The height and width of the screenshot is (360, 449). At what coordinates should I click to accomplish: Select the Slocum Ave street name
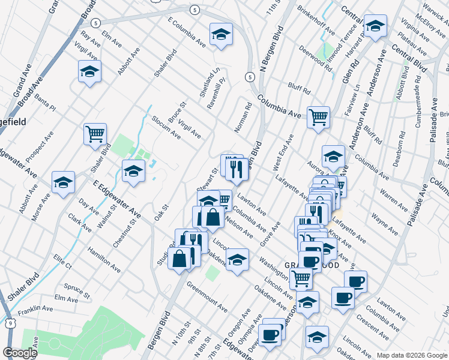pos(166,127)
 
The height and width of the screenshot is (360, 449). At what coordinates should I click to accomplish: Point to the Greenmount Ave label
pos(206,298)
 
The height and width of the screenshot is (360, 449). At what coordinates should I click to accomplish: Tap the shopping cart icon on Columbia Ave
pos(318,116)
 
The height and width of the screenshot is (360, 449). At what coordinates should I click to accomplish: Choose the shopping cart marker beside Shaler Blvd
pos(95,133)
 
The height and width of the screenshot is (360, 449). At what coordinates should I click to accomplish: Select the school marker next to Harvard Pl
pos(375,26)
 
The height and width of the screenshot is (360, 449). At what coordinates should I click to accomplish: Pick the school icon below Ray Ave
pos(89,71)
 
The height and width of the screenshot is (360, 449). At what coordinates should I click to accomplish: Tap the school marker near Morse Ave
pos(62,182)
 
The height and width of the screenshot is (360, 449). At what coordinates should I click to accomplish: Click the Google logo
pos(20,353)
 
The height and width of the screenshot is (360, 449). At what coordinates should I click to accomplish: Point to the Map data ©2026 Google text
pos(412,355)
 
